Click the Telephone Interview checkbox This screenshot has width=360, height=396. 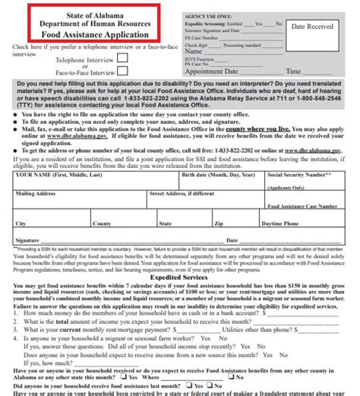(122, 57)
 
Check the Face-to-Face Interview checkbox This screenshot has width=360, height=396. (122, 71)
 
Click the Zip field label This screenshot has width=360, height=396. (219, 224)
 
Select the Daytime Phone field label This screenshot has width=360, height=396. (280, 224)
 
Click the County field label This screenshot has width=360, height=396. (102, 224)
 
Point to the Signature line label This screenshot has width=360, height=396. (26, 239)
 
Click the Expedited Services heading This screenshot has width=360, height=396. (180, 277)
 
